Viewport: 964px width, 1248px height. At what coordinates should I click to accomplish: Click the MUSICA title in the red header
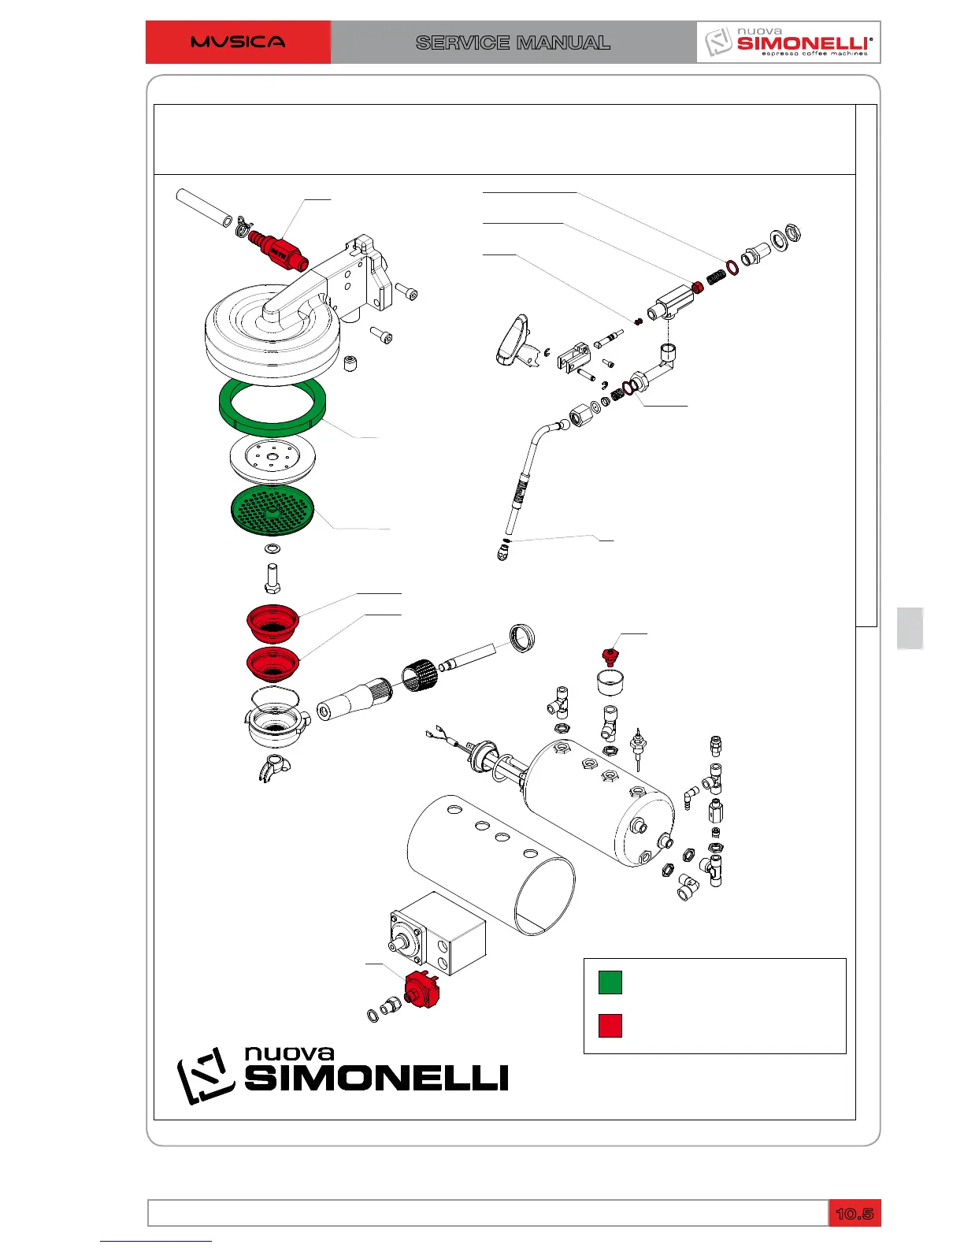pyautogui.click(x=238, y=42)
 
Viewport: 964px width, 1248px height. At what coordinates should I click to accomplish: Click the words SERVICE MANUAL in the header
pyautogui.click(x=513, y=43)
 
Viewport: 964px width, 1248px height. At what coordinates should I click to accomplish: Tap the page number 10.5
pyautogui.click(x=855, y=1213)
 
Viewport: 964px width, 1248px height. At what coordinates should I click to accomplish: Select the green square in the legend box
pyautogui.click(x=610, y=982)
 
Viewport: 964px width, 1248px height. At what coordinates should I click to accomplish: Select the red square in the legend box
pyautogui.click(x=610, y=1025)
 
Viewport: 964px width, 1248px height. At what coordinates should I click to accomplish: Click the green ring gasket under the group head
pyautogui.click(x=273, y=404)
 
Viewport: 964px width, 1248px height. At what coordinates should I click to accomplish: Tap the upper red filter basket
pyautogui.click(x=273, y=622)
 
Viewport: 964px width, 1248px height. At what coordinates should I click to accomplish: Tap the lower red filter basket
pyautogui.click(x=273, y=664)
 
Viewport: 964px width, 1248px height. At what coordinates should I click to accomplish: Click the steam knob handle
pyautogui.click(x=512, y=340)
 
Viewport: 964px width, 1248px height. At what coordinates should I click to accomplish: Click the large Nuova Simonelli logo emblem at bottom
pyautogui.click(x=206, y=1075)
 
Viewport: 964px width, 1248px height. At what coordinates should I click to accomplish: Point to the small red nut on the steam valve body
pyautogui.click(x=697, y=287)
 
